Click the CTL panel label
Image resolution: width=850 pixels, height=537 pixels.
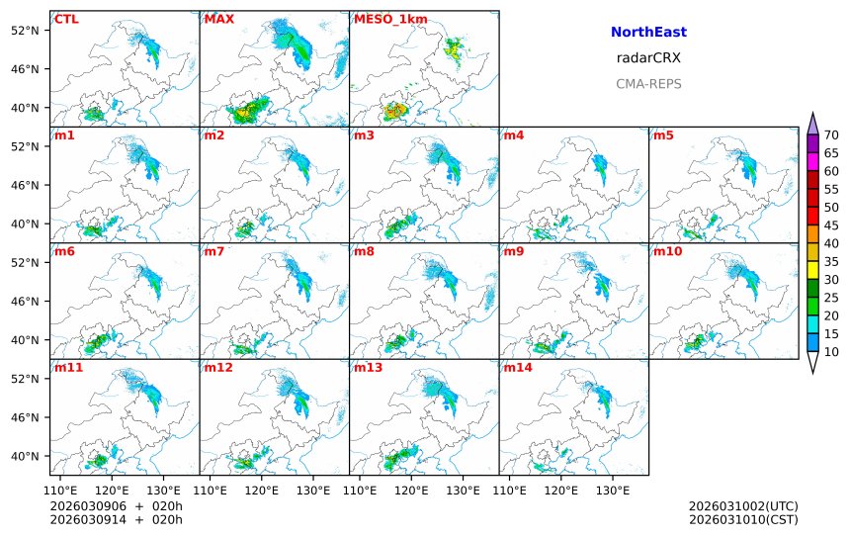point(65,19)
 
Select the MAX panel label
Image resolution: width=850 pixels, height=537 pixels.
point(218,19)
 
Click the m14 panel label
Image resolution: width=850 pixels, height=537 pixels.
point(517,368)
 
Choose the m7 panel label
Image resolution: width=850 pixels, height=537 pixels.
point(214,251)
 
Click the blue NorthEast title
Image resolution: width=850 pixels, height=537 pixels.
point(648,33)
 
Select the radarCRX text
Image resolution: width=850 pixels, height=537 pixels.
point(648,58)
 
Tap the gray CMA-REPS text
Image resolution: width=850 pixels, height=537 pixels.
point(648,84)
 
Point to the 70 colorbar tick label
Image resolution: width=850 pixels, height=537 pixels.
point(831,135)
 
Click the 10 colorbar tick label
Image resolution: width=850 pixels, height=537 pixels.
point(831,352)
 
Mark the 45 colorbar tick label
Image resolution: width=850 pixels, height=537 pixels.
point(831,225)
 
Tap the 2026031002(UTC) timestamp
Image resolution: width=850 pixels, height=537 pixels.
point(743,506)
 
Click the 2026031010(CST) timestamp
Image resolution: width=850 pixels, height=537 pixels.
point(743,519)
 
